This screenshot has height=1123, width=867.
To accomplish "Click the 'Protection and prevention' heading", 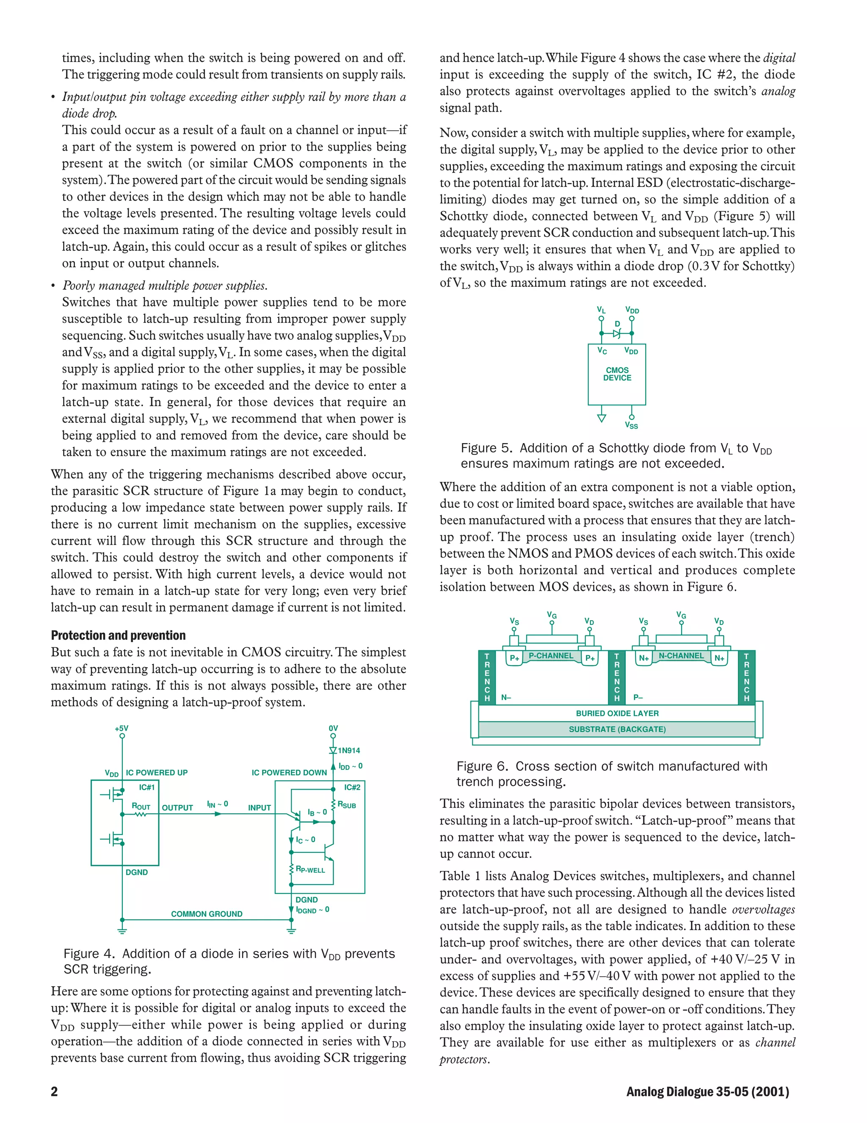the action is tap(118, 635).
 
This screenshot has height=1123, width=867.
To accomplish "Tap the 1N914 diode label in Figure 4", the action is tap(348, 750).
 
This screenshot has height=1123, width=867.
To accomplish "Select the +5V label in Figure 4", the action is tap(122, 728).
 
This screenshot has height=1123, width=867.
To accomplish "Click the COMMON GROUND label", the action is tap(207, 914).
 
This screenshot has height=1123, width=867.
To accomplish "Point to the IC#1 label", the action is tap(146, 787).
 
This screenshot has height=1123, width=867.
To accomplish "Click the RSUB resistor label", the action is tap(347, 805).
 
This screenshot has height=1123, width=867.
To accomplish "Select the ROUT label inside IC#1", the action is tap(141, 807).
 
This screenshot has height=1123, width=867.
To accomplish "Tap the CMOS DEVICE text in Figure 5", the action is tap(617, 374).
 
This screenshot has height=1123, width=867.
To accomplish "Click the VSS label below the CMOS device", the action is tap(631, 425).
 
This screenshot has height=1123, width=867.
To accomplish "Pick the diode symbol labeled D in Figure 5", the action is tap(617, 333).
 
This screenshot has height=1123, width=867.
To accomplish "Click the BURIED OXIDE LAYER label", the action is tap(617, 713).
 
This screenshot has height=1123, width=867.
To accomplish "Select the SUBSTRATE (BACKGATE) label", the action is tap(617, 729).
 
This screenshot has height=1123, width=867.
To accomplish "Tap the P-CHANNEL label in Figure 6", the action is tap(550, 656).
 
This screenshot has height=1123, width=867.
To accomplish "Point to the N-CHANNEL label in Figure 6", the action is tap(681, 656).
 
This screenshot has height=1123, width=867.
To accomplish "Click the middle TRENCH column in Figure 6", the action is tap(616, 677).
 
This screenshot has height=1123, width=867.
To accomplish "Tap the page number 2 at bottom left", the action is tap(55, 1091).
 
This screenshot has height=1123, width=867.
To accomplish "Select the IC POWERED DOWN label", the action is tap(289, 772).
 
